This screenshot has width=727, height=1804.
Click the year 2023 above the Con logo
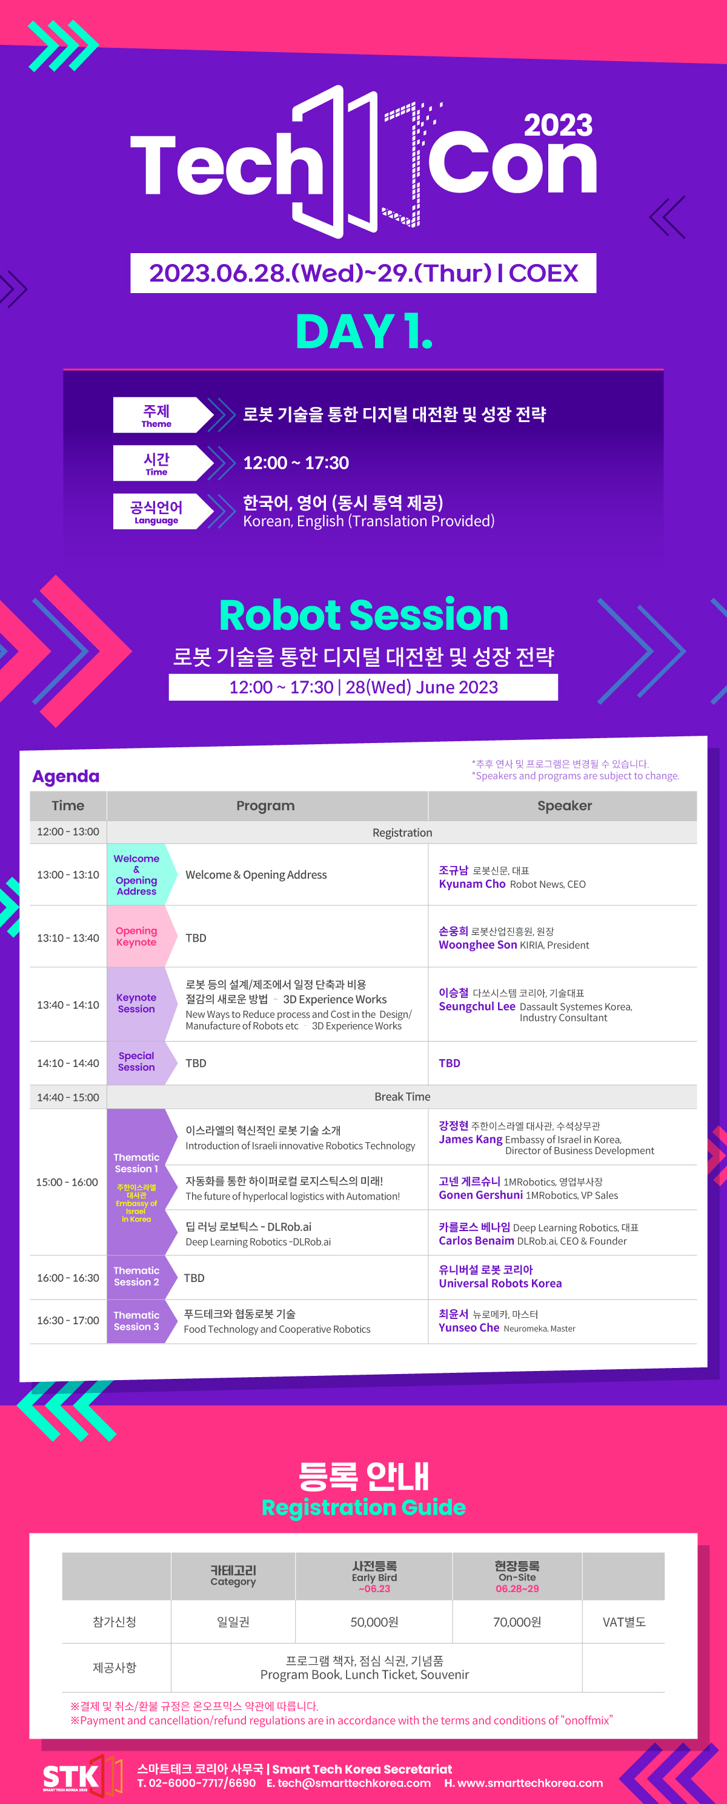pos(558,125)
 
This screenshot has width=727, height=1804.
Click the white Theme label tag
pos(163,415)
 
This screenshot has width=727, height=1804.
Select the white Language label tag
pos(163,511)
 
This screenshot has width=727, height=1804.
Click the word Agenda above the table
pos(66,776)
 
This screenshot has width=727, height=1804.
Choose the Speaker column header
pos(565,805)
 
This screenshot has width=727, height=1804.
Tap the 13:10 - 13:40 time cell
pos(68,937)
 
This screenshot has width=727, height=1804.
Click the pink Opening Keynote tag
pos(136,936)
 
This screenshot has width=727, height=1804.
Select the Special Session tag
pos(136,1062)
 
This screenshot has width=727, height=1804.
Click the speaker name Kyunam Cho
pos(472,884)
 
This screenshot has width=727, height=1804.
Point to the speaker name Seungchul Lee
pos(477,1006)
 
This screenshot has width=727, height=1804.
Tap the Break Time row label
pos(403,1097)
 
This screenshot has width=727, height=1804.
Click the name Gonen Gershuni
pos(480,1195)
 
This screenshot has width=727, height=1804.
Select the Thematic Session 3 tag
pos(136,1321)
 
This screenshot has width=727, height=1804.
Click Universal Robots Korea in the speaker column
pos(500,1283)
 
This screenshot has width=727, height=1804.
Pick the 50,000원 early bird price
pos(374,1622)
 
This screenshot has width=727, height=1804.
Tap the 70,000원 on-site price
pos(517,1622)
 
